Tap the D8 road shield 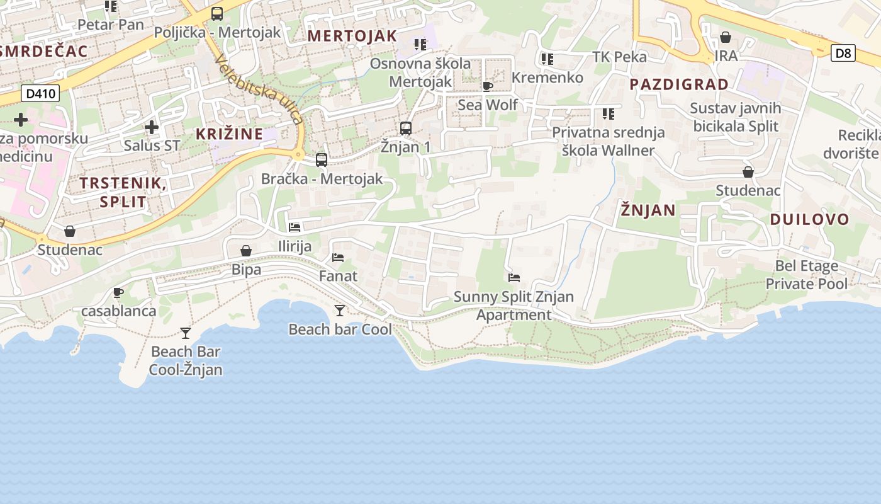point(843,53)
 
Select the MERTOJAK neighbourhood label point(352,36)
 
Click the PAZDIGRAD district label point(679,84)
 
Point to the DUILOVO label point(810,220)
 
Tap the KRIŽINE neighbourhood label point(229,134)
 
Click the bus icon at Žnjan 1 point(406,129)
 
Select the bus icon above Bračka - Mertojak point(322,160)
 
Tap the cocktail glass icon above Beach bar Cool point(340,310)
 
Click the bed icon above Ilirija point(295,227)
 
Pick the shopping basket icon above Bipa point(246,251)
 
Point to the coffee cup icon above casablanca point(118,292)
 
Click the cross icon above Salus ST point(152,127)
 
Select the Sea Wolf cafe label point(488,105)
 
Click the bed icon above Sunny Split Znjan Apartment point(514,277)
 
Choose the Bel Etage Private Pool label point(807,275)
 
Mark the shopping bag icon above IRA point(726,37)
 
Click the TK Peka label point(619,57)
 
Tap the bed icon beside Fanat point(338,257)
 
